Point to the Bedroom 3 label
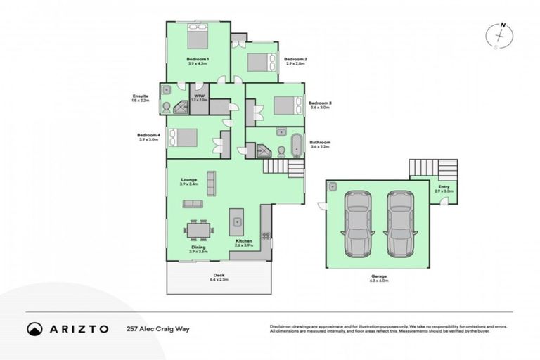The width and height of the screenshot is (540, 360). (320, 103)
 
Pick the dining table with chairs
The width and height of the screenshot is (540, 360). (198, 229)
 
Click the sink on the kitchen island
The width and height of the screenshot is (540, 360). (237, 222)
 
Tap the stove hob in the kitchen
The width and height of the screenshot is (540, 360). (266, 235)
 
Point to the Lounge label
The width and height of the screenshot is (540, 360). (189, 179)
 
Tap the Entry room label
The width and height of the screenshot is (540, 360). (443, 186)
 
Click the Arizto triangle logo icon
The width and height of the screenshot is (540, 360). (34, 328)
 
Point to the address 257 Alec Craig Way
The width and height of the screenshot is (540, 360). (158, 328)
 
